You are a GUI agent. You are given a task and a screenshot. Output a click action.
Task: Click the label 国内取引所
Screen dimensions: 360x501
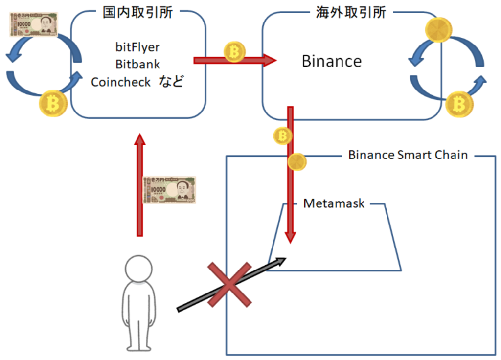[137, 13]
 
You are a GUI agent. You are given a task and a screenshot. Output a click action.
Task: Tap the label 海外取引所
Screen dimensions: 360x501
[351, 13]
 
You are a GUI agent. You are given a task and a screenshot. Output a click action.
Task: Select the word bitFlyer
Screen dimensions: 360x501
[137, 47]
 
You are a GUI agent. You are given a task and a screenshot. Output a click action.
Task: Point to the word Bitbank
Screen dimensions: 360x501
[137, 64]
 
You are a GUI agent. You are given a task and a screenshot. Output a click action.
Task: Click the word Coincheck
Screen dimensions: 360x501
[121, 82]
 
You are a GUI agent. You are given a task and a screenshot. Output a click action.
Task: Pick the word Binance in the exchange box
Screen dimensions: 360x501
[332, 61]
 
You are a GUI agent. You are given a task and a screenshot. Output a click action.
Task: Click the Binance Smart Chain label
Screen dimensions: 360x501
[408, 156]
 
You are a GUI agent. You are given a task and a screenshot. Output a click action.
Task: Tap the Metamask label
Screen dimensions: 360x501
[334, 203]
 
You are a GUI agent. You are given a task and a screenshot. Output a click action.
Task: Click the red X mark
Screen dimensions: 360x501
[229, 285]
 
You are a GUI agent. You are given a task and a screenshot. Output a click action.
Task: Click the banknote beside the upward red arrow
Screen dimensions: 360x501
[169, 190]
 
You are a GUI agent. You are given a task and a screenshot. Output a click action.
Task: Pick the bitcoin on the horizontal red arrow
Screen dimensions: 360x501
[234, 52]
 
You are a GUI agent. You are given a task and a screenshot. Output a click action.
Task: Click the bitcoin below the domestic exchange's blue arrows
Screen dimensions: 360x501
[53, 103]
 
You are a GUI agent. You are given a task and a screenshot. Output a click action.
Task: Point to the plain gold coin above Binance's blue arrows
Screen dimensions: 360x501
[438, 30]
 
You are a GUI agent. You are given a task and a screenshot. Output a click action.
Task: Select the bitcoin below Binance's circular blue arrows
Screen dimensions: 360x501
[458, 104]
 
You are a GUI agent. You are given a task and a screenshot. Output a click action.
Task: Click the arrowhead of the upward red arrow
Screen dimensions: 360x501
[140, 140]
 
